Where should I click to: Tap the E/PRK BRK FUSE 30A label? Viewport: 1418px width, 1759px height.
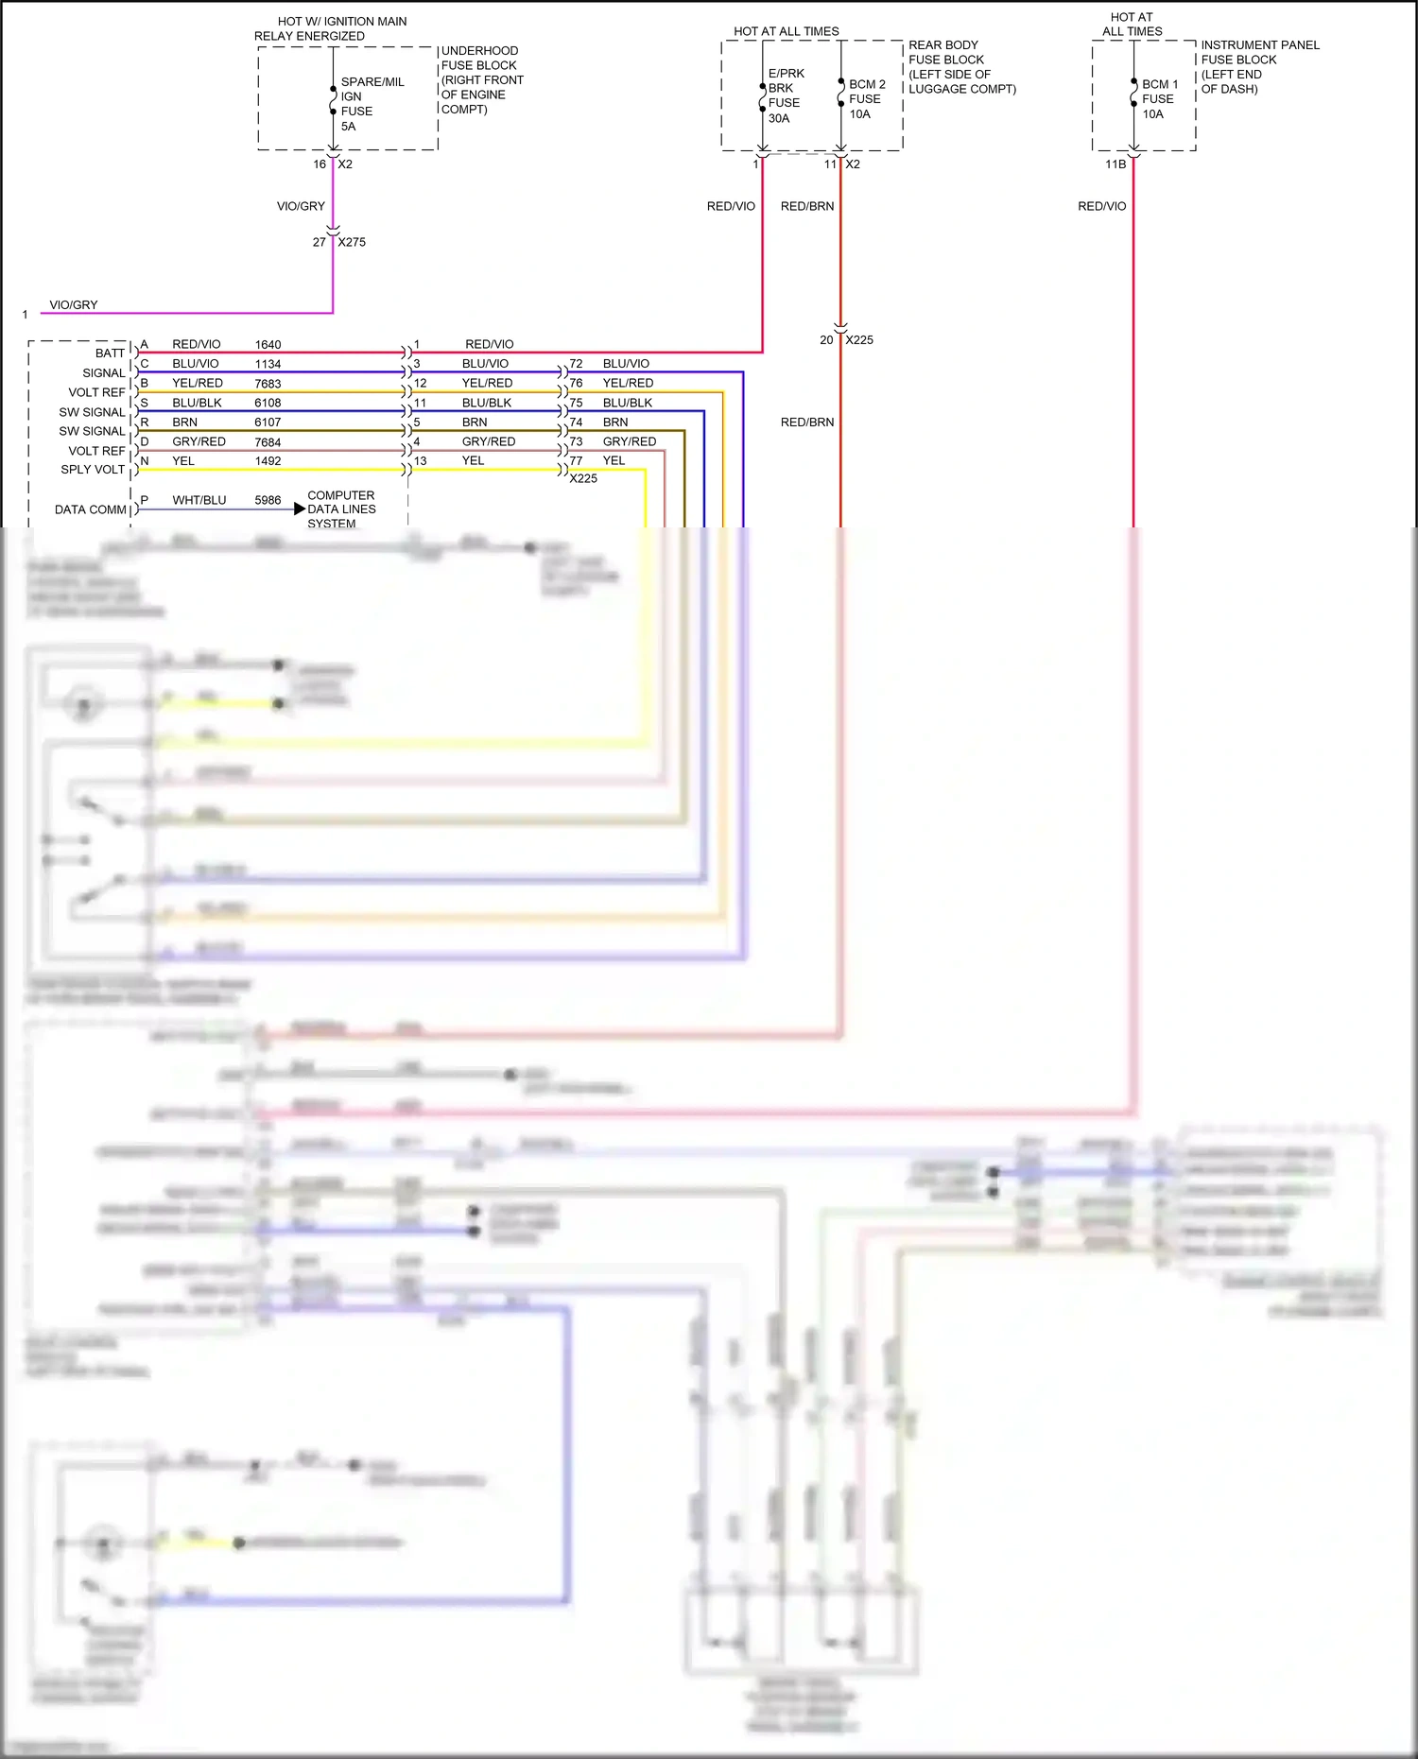[785, 95]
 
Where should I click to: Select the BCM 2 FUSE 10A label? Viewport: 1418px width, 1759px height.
[866, 99]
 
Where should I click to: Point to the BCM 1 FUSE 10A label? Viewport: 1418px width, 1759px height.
[1159, 99]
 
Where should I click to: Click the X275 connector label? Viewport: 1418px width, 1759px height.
[352, 242]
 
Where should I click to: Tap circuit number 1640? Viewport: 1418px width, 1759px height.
[268, 345]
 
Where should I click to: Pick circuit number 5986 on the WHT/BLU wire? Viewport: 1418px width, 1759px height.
[268, 500]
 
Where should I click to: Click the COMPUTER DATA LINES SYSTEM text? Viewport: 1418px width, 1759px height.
[341, 509]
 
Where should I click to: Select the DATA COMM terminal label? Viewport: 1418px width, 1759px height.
[90, 509]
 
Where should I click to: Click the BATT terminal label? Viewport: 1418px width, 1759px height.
[110, 354]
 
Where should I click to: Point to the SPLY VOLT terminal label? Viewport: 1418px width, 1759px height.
[93, 470]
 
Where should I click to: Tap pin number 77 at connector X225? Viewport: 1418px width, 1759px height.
[576, 461]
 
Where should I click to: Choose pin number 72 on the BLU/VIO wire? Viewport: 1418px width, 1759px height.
[576, 364]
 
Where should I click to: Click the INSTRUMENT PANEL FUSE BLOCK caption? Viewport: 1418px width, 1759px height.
[1258, 66]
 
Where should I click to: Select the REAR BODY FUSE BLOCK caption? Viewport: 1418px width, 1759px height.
[960, 66]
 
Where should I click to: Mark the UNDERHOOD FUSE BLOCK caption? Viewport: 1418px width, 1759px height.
[481, 79]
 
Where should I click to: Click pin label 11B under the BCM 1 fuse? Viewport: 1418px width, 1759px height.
[1115, 164]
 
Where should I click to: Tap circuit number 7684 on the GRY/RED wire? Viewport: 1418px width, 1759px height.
[268, 442]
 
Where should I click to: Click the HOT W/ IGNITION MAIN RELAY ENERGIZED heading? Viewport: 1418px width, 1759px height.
[330, 28]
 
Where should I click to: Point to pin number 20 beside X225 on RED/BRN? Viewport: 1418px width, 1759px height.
[826, 340]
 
